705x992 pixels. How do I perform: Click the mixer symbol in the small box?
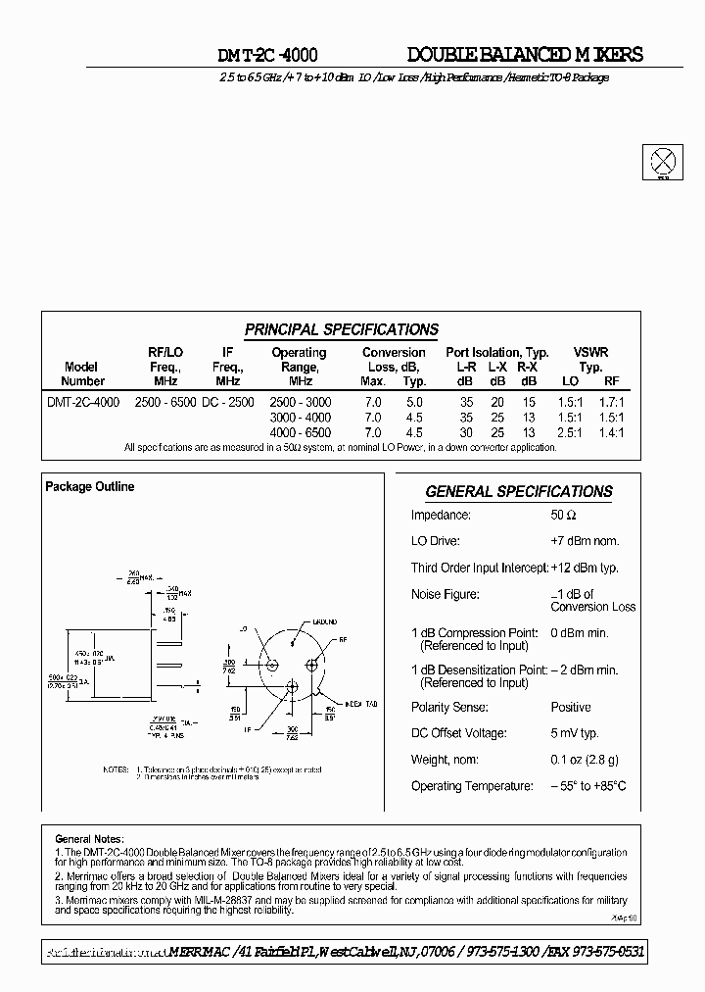664,161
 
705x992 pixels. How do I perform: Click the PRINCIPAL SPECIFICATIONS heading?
341,330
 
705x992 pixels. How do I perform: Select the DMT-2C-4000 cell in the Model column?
83,402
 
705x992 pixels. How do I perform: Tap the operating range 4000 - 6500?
300,432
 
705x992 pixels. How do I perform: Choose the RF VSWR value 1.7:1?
612,402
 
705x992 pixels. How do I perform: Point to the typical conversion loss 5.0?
414,402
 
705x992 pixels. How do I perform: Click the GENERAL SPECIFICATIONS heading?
518,492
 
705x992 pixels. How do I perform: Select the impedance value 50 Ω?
563,516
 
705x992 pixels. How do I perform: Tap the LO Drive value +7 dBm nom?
584,541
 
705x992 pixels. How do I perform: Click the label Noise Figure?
445,594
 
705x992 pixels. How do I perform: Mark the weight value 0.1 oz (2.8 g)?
584,760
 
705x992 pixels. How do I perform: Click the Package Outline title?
90,487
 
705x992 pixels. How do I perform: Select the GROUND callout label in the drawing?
324,621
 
